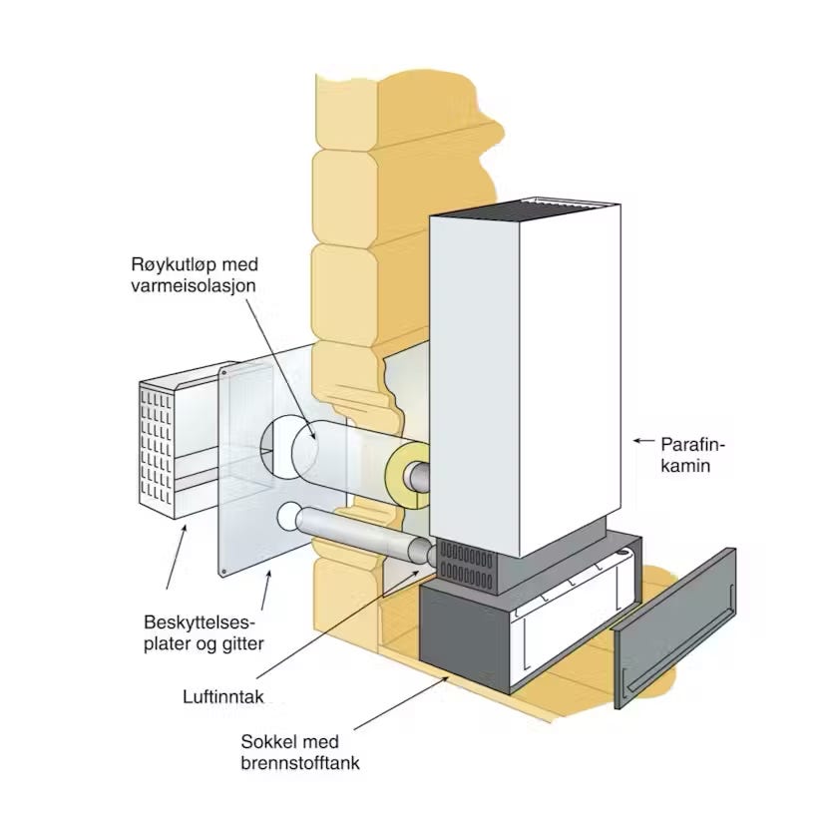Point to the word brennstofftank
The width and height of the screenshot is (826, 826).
point(299,764)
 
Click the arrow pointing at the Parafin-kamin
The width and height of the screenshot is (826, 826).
point(642,441)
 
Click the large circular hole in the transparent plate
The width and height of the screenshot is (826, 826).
point(289,450)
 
